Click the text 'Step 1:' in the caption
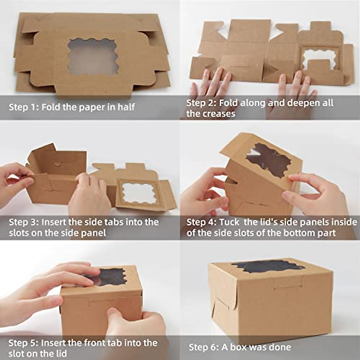pyautogui.click(x=24, y=107)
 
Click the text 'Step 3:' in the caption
pyautogui.click(x=24, y=222)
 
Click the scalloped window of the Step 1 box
pyautogui.click(x=93, y=56)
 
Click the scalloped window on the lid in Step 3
pyautogui.click(x=139, y=192)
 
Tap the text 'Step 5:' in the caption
pyautogui.click(x=24, y=343)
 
